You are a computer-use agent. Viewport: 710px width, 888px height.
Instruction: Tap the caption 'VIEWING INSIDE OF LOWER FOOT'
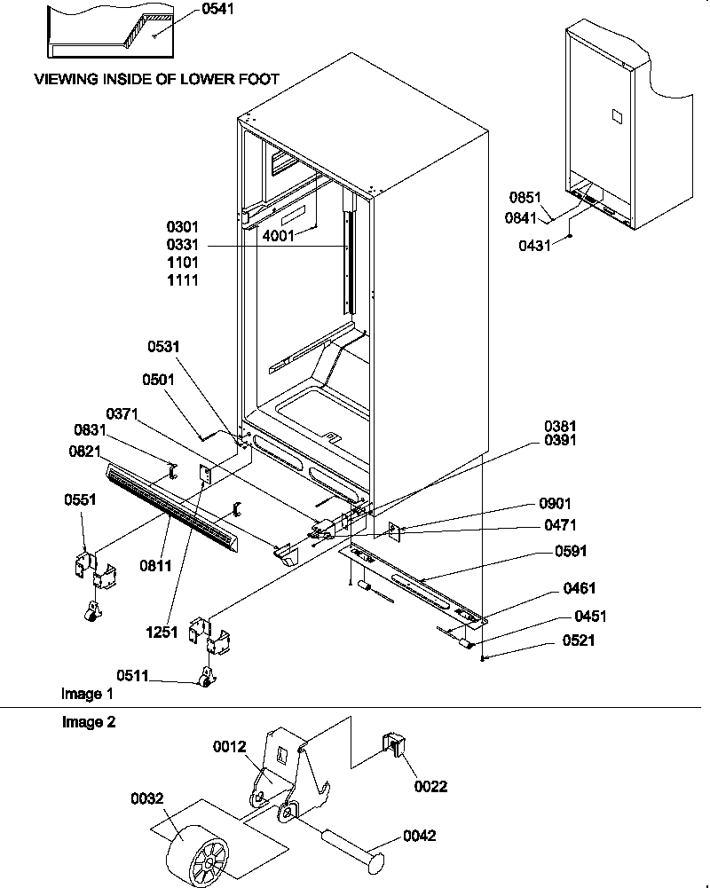[156, 79]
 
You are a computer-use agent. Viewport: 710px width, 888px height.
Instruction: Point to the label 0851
[525, 197]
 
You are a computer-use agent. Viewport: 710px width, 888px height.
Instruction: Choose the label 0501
[159, 380]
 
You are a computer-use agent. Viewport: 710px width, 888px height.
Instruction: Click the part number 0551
[80, 499]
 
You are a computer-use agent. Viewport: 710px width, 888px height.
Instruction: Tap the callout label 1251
[164, 633]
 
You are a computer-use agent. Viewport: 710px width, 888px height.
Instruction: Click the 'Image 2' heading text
[88, 722]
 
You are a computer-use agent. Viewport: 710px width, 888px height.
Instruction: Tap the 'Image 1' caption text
[87, 693]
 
